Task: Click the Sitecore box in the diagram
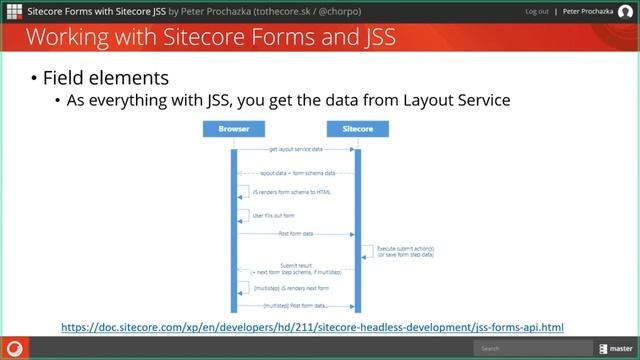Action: point(356,129)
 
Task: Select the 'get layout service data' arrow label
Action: point(295,149)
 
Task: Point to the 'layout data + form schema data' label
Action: point(297,173)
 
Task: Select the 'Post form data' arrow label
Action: point(295,233)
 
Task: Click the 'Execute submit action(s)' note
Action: point(405,251)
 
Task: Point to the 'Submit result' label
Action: point(295,267)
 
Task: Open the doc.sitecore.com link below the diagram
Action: point(312,326)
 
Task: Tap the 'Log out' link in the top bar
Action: point(537,12)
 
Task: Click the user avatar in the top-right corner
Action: point(627,12)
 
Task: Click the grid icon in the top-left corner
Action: point(13,12)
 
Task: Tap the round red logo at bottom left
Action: point(15,348)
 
